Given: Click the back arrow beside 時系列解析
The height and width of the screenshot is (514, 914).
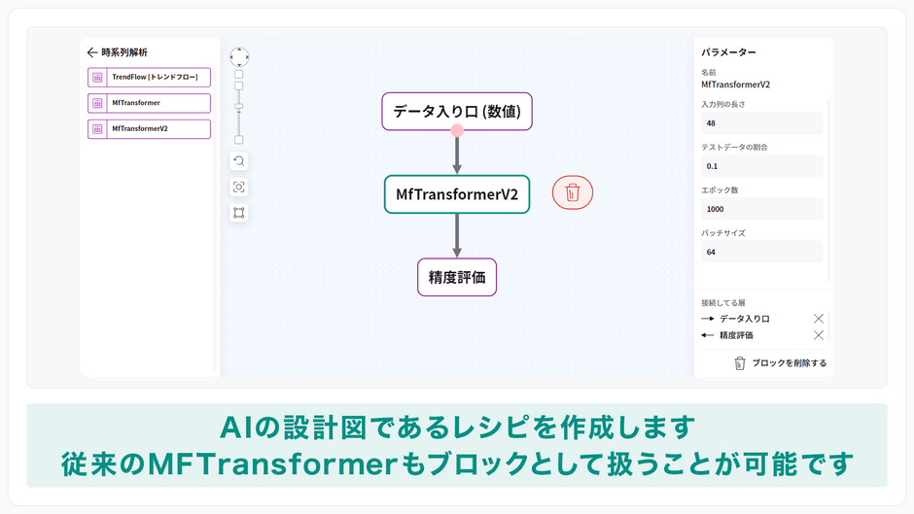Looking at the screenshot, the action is pyautogui.click(x=92, y=52).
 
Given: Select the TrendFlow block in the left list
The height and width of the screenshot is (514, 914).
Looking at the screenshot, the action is pyautogui.click(x=149, y=78).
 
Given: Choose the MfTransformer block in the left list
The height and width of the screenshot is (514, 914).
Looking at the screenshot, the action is pyautogui.click(x=149, y=103).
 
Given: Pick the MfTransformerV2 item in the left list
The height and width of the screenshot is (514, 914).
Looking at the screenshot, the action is pyautogui.click(x=149, y=129).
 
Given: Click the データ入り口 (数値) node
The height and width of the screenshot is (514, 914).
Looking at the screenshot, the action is pyautogui.click(x=457, y=112).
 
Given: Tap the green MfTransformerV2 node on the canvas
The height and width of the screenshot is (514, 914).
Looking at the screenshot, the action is pyautogui.click(x=457, y=194).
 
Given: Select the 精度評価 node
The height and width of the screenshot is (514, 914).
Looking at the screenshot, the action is pyautogui.click(x=457, y=277).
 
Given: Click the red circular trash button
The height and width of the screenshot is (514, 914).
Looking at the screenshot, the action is pyautogui.click(x=573, y=193).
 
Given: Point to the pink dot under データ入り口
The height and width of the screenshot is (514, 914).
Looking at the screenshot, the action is pyautogui.click(x=457, y=130).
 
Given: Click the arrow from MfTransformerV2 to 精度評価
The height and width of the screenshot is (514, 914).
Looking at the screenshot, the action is pyautogui.click(x=457, y=235).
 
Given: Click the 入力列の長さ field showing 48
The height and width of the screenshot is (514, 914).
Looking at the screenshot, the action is pyautogui.click(x=762, y=123).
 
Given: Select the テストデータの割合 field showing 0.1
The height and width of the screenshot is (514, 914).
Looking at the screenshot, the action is pyautogui.click(x=762, y=166).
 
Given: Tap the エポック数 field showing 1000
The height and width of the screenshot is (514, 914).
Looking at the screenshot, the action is pyautogui.click(x=762, y=209).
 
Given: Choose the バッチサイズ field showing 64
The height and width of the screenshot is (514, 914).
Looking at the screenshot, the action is pyautogui.click(x=762, y=252).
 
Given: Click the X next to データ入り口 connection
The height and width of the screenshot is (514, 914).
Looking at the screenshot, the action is pyautogui.click(x=819, y=318).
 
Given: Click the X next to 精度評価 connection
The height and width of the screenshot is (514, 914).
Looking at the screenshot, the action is pyautogui.click(x=819, y=335).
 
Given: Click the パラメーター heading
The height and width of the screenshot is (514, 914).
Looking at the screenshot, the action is pyautogui.click(x=728, y=52).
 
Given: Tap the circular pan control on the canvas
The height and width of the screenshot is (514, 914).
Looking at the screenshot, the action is pyautogui.click(x=239, y=57).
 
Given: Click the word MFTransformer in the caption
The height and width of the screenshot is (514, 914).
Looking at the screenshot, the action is pyautogui.click(x=273, y=464).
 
